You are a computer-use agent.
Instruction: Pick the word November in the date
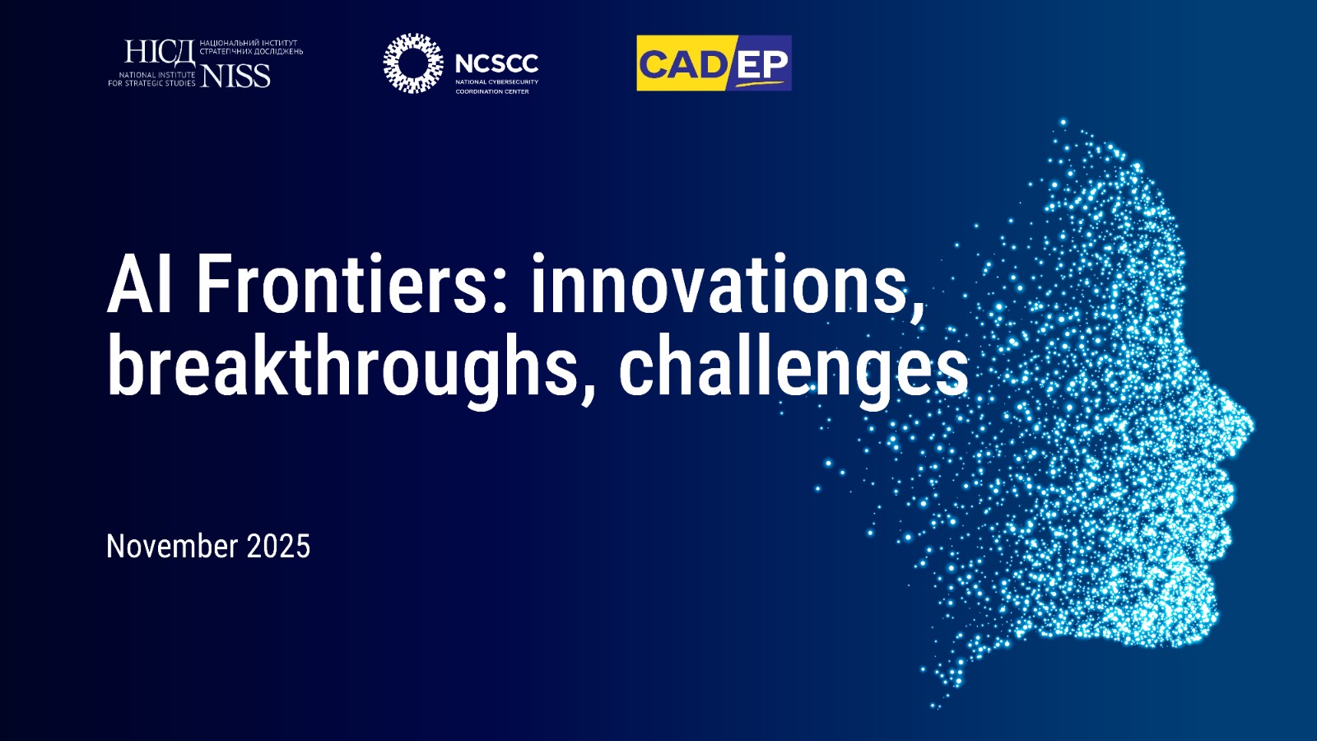(172, 547)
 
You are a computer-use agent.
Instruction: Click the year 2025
(278, 547)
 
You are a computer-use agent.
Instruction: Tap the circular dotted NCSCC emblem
(413, 63)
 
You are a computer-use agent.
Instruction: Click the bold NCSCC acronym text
(497, 63)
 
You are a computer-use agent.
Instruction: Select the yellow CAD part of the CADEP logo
(682, 63)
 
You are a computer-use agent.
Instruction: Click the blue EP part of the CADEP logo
(761, 63)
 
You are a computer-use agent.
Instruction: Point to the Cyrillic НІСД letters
(160, 53)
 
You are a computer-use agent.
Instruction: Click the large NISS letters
(235, 75)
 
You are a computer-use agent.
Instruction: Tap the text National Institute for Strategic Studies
(151, 79)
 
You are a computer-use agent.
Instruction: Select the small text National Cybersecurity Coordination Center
(497, 86)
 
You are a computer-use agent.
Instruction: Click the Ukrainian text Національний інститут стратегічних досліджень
(252, 47)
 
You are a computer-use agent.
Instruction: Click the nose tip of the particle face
(1250, 425)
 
